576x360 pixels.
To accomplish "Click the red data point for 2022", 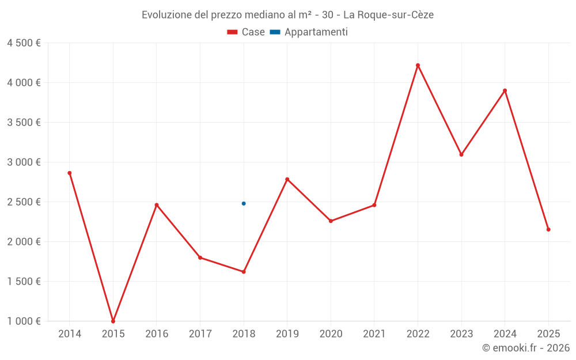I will pyautogui.click(x=418, y=65).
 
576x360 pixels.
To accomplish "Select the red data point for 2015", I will pyautogui.click(x=113, y=321).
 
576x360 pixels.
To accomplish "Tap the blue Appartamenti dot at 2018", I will pyautogui.click(x=244, y=203).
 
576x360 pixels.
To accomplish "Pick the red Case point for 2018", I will pyautogui.click(x=244, y=272).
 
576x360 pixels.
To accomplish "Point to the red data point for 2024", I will pyautogui.click(x=505, y=90).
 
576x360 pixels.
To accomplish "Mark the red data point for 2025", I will pyautogui.click(x=548, y=229).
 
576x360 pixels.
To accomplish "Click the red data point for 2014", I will pyautogui.click(x=70, y=173).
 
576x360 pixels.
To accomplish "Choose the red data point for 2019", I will pyautogui.click(x=287, y=179).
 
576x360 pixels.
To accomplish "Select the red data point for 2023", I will pyautogui.click(x=461, y=154).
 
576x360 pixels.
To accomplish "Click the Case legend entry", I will pyautogui.click(x=246, y=32).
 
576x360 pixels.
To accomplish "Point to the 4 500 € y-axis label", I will pyautogui.click(x=24, y=43).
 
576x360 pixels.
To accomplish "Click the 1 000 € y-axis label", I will pyautogui.click(x=24, y=321).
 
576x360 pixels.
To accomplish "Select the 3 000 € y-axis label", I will pyautogui.click(x=24, y=162).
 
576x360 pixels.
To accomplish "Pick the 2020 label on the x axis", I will pyautogui.click(x=331, y=334).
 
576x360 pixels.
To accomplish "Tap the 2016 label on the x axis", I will pyautogui.click(x=157, y=334).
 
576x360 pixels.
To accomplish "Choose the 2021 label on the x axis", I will pyautogui.click(x=374, y=334).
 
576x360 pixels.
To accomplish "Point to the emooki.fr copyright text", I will pyautogui.click(x=525, y=348).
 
